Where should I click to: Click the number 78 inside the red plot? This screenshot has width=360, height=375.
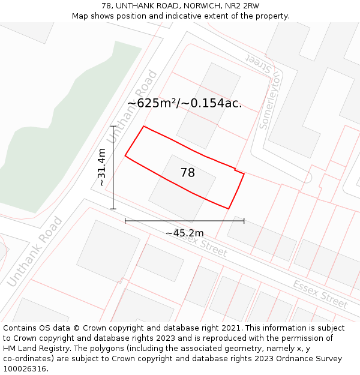click(187, 173)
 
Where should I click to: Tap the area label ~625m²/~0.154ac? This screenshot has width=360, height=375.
click(185, 103)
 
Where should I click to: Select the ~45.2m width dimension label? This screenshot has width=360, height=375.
click(184, 233)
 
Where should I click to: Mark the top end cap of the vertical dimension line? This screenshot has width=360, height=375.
click(113, 126)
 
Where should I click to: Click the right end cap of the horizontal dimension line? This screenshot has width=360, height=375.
click(244, 221)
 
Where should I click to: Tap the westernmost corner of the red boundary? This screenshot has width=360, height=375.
click(125, 156)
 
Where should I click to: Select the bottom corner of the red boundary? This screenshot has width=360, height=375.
click(229, 209)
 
